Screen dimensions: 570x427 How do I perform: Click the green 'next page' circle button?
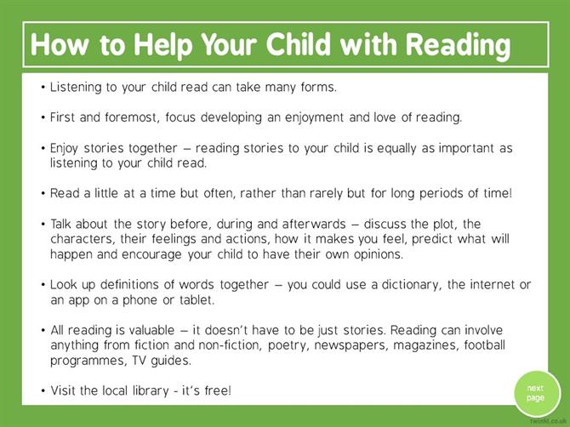point(538,394)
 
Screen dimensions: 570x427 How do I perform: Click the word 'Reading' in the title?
point(458,45)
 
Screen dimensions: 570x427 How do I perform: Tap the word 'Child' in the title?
point(298,43)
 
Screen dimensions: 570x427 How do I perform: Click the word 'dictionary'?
point(411,285)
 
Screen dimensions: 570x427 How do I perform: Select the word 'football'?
point(485,344)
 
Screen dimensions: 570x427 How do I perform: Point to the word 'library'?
point(151,391)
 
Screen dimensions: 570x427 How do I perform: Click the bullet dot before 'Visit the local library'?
point(43,391)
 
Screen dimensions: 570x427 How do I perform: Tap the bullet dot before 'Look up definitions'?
point(43,285)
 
